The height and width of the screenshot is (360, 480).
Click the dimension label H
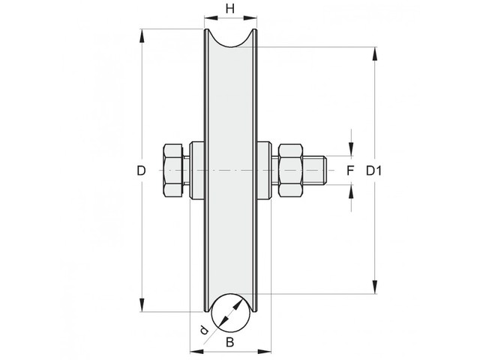(x=230, y=9)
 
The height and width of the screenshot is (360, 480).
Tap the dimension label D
(x=141, y=170)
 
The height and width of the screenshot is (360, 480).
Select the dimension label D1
(x=374, y=170)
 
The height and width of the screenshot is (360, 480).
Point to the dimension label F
(x=350, y=170)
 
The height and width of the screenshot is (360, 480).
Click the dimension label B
(x=229, y=342)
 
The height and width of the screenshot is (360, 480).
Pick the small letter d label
(x=203, y=330)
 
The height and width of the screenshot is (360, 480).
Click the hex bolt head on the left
(x=173, y=170)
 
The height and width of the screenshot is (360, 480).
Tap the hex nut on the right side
(x=290, y=170)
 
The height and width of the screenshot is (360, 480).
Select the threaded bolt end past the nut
(x=315, y=170)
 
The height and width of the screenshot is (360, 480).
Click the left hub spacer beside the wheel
(x=196, y=170)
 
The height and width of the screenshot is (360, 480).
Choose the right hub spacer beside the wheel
(x=264, y=170)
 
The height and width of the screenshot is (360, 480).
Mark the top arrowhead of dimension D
(x=141, y=36)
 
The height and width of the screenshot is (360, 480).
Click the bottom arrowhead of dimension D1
(x=374, y=286)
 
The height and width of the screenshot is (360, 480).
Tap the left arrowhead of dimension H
(x=211, y=18)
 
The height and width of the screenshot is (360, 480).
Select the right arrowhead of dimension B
(x=264, y=351)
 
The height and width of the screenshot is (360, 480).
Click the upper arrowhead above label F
(x=351, y=149)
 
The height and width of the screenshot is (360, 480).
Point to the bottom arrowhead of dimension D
(x=141, y=305)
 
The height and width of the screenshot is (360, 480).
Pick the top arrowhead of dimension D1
(x=374, y=54)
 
